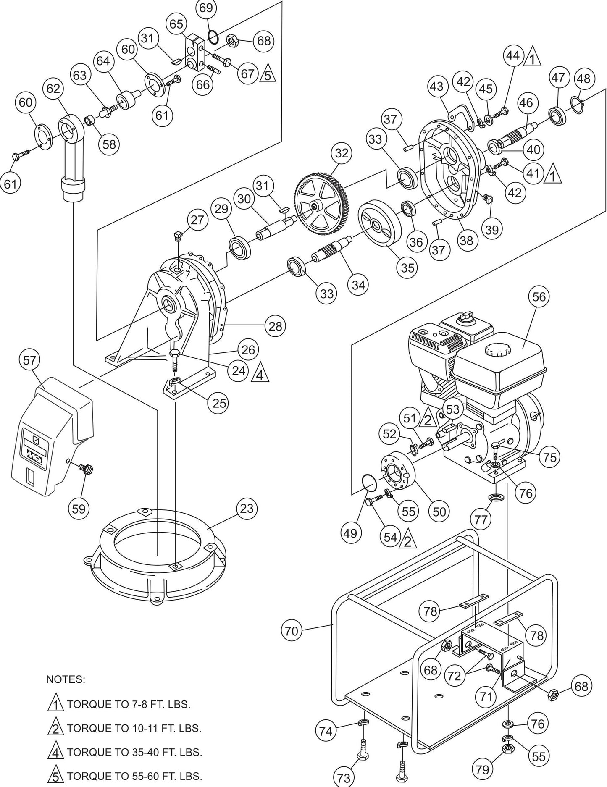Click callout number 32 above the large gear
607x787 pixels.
pyautogui.click(x=342, y=153)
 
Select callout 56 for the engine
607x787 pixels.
pyautogui.click(x=539, y=297)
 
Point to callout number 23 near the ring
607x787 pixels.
pyautogui.click(x=247, y=509)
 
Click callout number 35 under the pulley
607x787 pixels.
pyautogui.click(x=407, y=268)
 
